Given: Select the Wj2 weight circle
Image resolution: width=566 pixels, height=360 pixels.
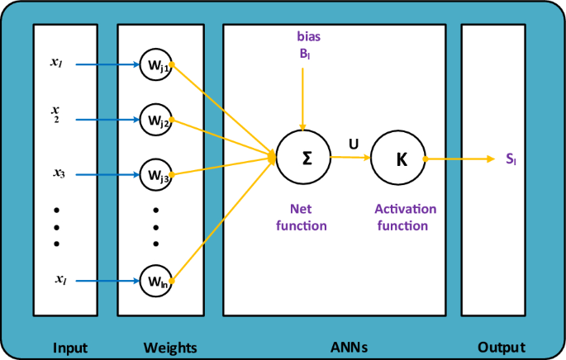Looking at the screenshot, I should [x=155, y=120].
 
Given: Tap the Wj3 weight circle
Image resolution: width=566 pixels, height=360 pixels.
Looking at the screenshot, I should [x=155, y=175].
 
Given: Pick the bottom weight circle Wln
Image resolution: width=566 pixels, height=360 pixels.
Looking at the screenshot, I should [x=155, y=280].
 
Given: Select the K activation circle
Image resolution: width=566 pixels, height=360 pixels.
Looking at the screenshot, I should [x=401, y=158].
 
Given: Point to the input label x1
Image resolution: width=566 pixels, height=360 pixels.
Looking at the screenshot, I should [x=55, y=62].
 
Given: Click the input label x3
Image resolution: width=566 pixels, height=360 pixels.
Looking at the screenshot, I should [x=59, y=173].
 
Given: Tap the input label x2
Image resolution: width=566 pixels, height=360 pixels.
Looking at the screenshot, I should [x=55, y=113].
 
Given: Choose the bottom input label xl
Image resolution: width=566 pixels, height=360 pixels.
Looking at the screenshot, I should [x=59, y=280].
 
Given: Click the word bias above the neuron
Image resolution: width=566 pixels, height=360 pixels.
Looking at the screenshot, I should [x=309, y=36].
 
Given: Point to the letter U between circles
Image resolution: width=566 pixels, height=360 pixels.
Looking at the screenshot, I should [x=354, y=144].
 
